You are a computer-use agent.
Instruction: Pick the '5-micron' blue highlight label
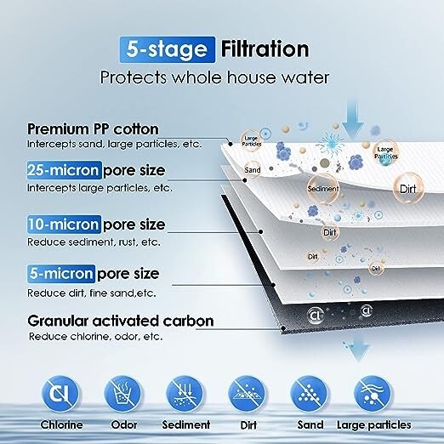coord(61,274)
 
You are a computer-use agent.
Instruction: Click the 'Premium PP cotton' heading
coord(93,128)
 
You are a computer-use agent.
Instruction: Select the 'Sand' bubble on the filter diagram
coord(252,170)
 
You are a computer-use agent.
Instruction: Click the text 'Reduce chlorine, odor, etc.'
coord(94,336)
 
